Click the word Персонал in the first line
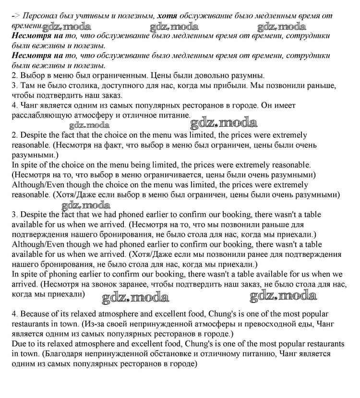pos(40,16)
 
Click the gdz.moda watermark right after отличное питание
pos(223,123)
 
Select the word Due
pos(20,344)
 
